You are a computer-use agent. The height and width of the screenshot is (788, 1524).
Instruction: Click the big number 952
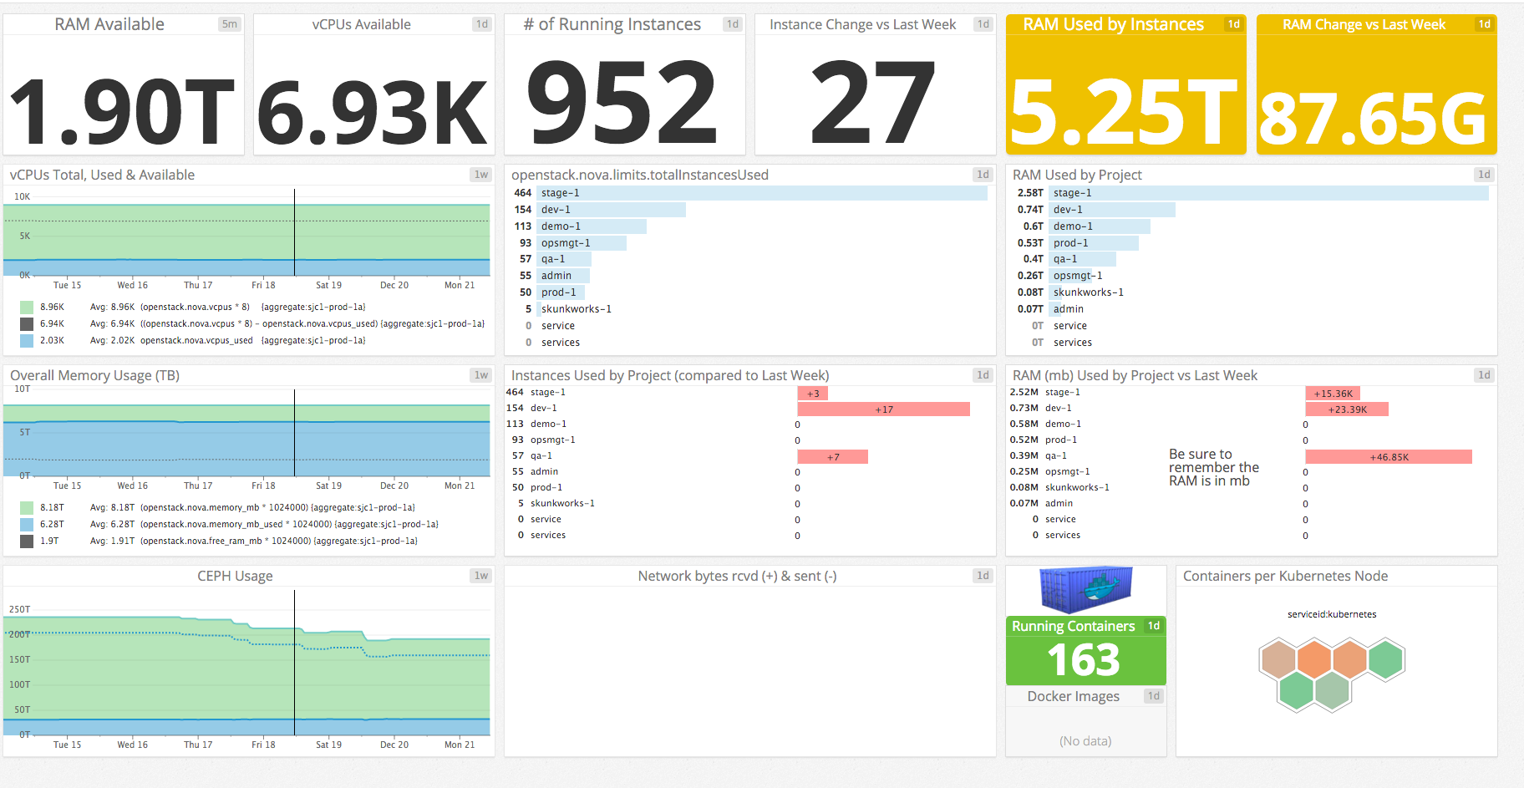pyautogui.click(x=622, y=102)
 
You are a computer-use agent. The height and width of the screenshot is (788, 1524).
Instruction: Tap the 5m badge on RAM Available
pyautogui.click(x=229, y=24)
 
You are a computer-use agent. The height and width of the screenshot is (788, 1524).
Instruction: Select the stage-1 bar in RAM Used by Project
pyautogui.click(x=1268, y=193)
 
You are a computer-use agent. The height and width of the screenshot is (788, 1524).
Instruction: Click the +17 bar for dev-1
pyautogui.click(x=883, y=409)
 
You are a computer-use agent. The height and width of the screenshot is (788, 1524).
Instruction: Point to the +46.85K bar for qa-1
pyautogui.click(x=1388, y=457)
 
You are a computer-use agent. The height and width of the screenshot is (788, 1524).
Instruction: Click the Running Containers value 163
pyautogui.click(x=1084, y=660)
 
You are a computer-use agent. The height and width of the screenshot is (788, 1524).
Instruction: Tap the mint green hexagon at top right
pyautogui.click(x=1385, y=658)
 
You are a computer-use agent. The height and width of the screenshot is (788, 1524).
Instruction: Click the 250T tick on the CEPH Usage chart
pyautogui.click(x=19, y=609)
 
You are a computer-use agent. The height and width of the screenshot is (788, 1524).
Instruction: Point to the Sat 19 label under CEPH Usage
pyautogui.click(x=328, y=745)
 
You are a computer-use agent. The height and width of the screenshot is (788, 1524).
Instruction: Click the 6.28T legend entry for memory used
pyautogui.click(x=52, y=524)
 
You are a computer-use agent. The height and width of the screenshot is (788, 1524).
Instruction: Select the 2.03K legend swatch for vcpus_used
pyautogui.click(x=27, y=340)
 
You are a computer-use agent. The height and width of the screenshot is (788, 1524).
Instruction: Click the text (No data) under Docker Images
pyautogui.click(x=1085, y=741)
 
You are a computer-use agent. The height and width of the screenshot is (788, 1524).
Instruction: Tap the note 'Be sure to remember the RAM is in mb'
pyautogui.click(x=1212, y=468)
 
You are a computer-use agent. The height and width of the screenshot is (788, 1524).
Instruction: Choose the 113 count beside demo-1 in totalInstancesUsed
pyautogui.click(x=523, y=226)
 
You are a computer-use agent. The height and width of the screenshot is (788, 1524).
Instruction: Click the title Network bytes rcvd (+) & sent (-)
pyautogui.click(x=737, y=576)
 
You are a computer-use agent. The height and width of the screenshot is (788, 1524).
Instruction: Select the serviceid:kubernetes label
pyautogui.click(x=1331, y=614)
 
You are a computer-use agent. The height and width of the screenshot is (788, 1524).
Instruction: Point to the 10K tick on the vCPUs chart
pyautogui.click(x=22, y=196)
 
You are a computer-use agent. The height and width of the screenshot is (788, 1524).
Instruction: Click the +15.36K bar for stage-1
pyautogui.click(x=1333, y=394)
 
